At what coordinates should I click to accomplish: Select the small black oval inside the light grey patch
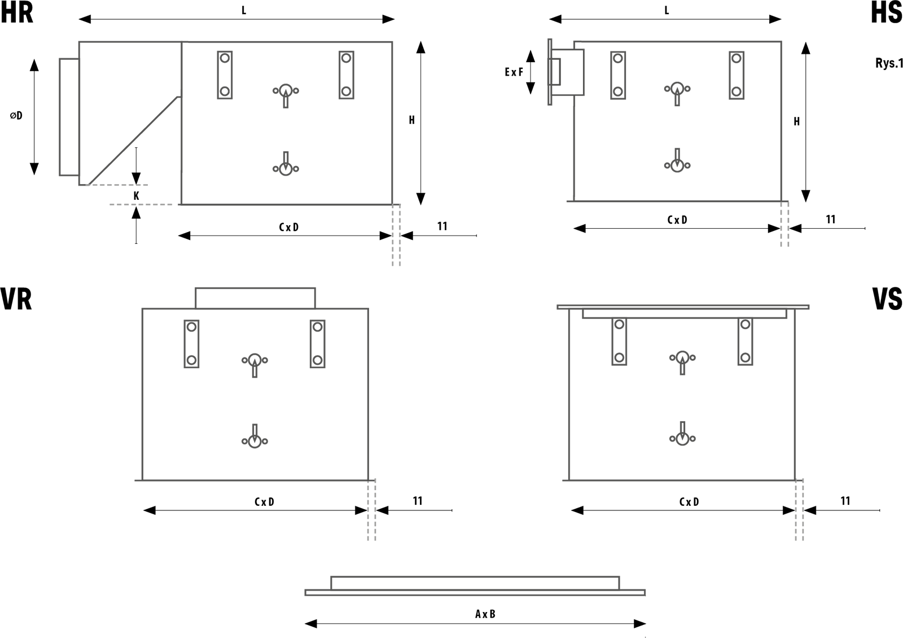point(136,195)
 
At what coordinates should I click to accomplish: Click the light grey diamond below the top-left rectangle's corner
point(398,277)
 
